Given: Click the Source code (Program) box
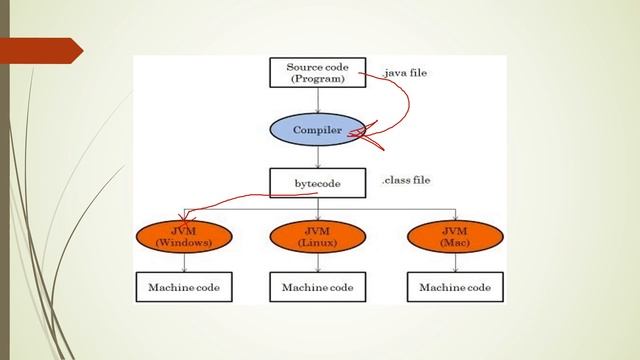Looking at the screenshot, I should pyautogui.click(x=317, y=71).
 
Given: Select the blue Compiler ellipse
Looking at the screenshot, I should pyautogui.click(x=318, y=130).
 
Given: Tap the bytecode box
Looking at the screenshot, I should pyautogui.click(x=317, y=183).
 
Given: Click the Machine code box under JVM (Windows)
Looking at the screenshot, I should pyautogui.click(x=183, y=288).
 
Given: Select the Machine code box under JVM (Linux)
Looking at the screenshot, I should pyautogui.click(x=318, y=288).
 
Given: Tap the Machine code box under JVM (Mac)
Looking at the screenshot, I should pyautogui.click(x=455, y=288).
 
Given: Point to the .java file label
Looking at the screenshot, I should pyautogui.click(x=412, y=72).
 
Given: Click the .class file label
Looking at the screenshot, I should pyautogui.click(x=412, y=181).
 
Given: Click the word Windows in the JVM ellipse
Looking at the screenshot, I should pyautogui.click(x=183, y=242).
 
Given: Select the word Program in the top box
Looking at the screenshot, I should pyautogui.click(x=317, y=77).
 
